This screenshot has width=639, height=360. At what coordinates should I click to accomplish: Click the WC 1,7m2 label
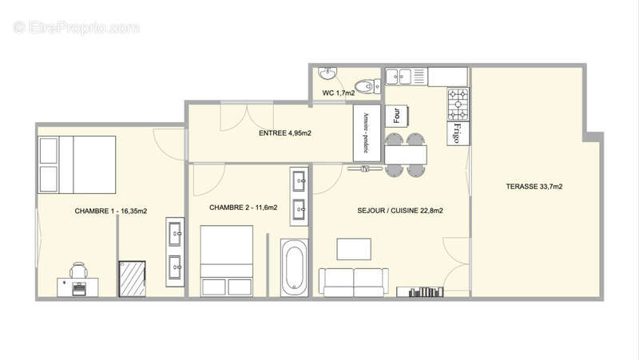click(338, 93)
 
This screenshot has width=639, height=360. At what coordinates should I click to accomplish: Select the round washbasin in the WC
click(327, 74)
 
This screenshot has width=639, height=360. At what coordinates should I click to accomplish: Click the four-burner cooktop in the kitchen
click(458, 104)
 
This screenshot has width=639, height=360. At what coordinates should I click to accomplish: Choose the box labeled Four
click(397, 115)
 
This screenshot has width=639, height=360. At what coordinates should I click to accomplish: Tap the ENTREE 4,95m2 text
click(285, 133)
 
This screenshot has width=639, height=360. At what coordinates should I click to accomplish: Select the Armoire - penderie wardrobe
click(367, 133)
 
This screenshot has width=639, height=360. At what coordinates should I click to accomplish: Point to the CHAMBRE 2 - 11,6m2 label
click(244, 208)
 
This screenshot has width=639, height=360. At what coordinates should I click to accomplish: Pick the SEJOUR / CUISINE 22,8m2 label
click(400, 211)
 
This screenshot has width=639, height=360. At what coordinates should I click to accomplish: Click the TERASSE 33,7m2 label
click(534, 187)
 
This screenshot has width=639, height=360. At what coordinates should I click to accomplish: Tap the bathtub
click(294, 267)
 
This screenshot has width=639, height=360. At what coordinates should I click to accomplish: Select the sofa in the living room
click(354, 281)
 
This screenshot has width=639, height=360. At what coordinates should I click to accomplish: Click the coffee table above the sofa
click(353, 249)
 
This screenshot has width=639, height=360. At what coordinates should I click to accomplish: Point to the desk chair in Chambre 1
click(78, 271)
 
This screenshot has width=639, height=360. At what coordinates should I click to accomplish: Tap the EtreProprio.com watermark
click(77, 27)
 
